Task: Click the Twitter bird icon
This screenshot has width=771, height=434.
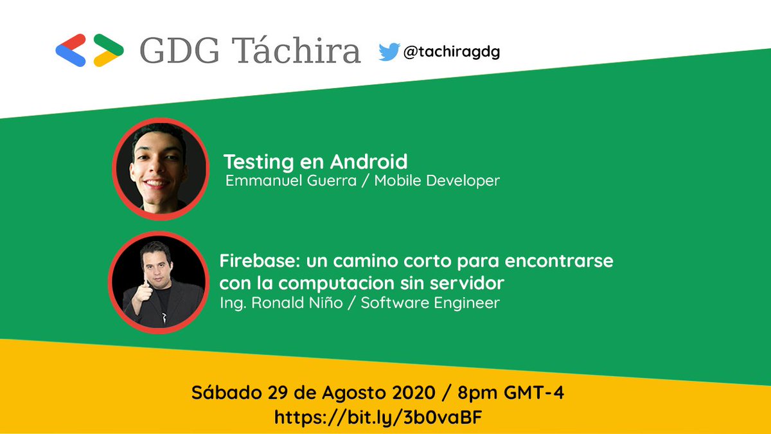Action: click(x=389, y=52)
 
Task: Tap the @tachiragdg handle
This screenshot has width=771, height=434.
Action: click(x=451, y=52)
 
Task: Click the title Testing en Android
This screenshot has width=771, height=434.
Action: click(x=315, y=161)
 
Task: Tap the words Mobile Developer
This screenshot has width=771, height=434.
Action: click(x=437, y=181)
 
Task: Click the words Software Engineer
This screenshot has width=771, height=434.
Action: click(x=430, y=303)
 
